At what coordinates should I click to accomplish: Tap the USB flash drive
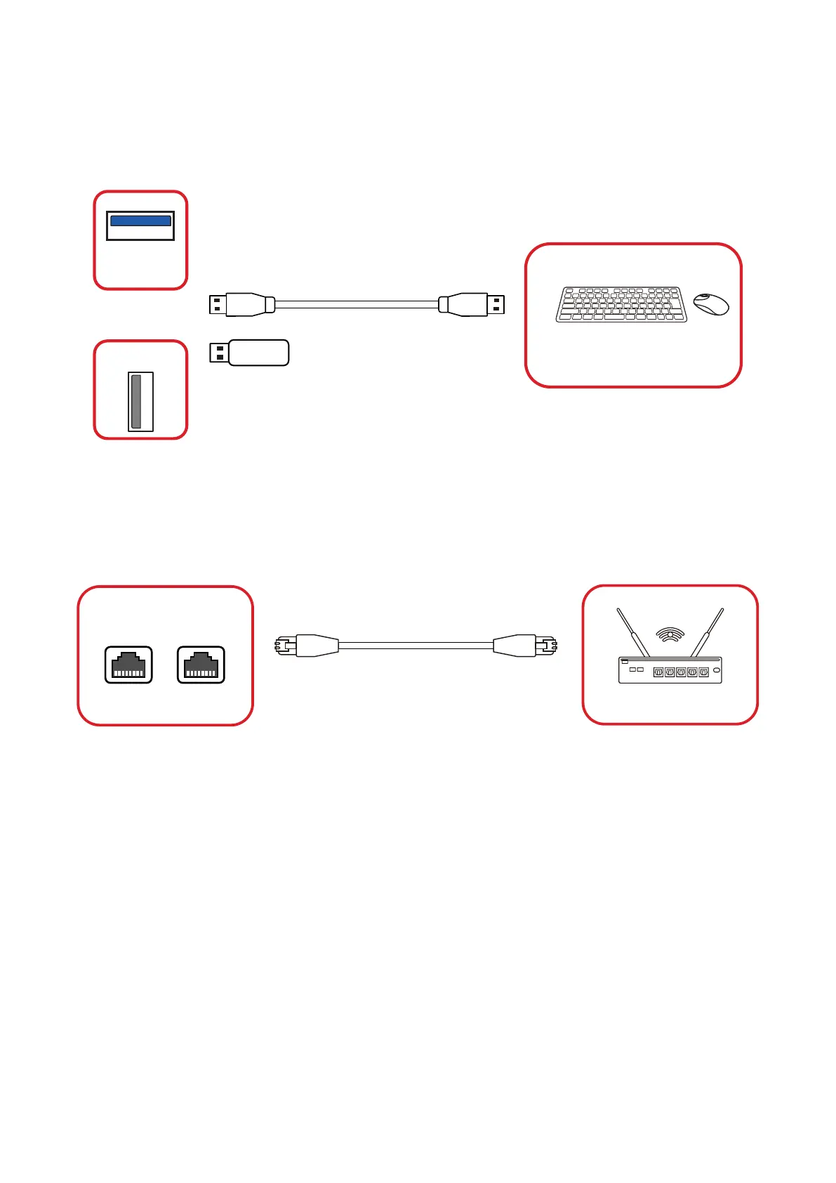pyautogui.click(x=258, y=353)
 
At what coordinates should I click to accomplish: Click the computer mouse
pyautogui.click(x=711, y=304)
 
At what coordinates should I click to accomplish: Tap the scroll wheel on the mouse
pyautogui.click(x=705, y=298)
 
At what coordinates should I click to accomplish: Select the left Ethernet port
pyautogui.click(x=128, y=665)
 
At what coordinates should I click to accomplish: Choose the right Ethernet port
pyautogui.click(x=201, y=665)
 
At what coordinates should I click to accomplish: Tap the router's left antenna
pyautogui.click(x=632, y=632)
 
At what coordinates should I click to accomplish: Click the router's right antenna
pyautogui.click(x=707, y=632)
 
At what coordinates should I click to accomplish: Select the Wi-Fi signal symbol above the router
pyautogui.click(x=670, y=634)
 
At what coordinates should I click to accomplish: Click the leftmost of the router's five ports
pyautogui.click(x=658, y=672)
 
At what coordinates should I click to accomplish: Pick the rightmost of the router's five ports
pyautogui.click(x=703, y=672)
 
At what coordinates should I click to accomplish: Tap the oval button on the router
pyautogui.click(x=716, y=671)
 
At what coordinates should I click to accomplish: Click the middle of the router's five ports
pyautogui.click(x=681, y=672)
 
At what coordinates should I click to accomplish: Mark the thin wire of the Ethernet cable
pyautogui.click(x=416, y=646)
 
